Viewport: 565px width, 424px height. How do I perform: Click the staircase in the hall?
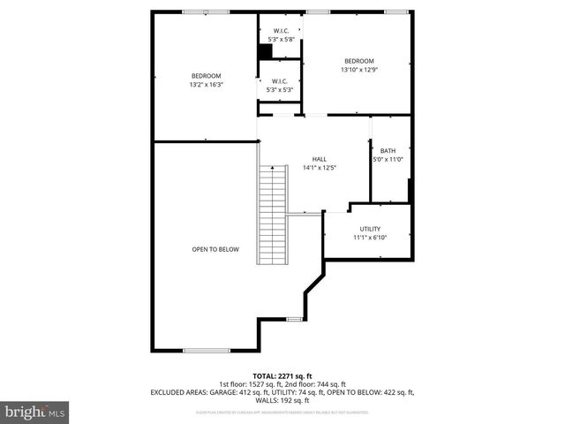click(273, 215)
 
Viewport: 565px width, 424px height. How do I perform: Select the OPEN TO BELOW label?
click(215, 249)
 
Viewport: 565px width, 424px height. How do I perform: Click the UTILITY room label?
click(370, 229)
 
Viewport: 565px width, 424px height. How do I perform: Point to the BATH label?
click(388, 151)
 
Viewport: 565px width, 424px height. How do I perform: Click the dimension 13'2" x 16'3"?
click(206, 85)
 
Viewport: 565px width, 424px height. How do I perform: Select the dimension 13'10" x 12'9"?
click(359, 70)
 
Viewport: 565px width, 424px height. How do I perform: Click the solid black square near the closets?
click(264, 52)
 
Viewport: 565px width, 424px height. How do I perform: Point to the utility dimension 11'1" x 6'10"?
click(370, 237)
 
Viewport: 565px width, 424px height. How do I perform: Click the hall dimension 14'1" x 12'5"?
click(320, 167)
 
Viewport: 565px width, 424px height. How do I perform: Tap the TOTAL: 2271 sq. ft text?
click(282, 375)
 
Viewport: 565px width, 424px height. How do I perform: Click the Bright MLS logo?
click(35, 413)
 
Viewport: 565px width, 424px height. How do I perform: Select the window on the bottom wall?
click(206, 351)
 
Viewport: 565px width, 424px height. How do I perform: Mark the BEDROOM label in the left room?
click(206, 76)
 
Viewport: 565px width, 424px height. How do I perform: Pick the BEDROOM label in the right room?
click(359, 61)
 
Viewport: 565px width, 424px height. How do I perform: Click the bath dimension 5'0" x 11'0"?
click(388, 159)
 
